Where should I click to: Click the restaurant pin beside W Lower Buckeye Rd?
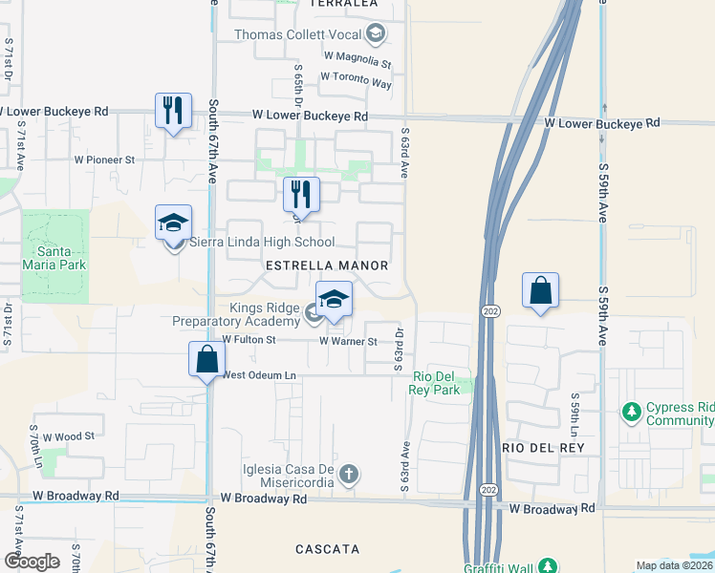coord(173,111)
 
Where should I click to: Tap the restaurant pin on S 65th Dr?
coord(301,195)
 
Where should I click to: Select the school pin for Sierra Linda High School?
coord(173,223)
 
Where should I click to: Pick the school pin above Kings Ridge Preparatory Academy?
coord(334,300)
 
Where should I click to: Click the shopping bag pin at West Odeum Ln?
coord(206,360)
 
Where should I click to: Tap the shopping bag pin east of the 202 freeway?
coord(540,290)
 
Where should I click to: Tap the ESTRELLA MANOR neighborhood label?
coord(327,265)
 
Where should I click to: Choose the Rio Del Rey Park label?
coord(437,383)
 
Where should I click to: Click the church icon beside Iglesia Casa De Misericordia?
coord(350,473)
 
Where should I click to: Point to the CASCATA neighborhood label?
coord(327,549)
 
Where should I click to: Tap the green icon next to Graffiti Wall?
coord(547,566)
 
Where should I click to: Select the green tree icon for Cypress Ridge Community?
coord(631,413)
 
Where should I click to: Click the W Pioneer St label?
coord(105,159)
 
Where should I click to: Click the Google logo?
coord(31,562)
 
